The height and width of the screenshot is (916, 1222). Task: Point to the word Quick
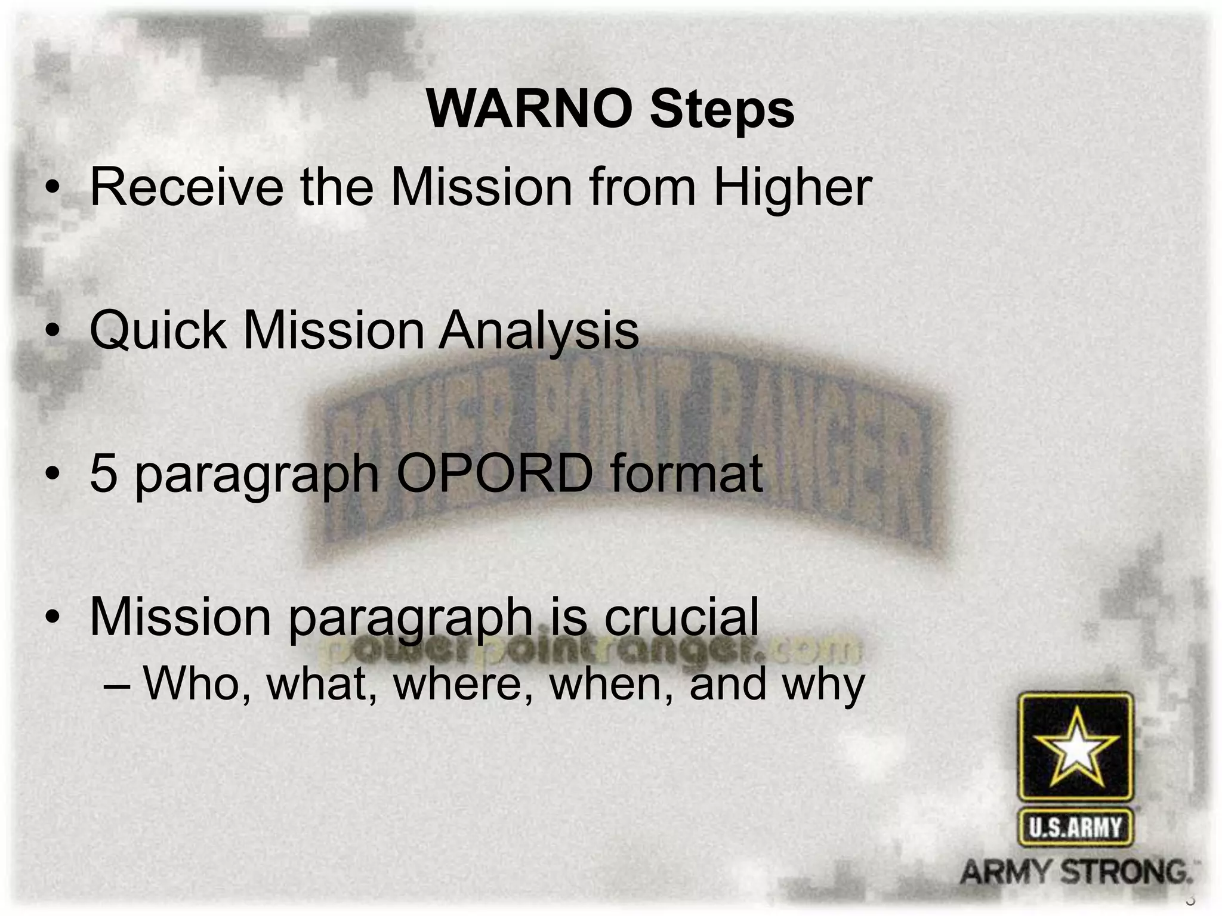[x=158, y=330]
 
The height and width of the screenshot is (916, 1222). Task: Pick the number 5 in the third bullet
[x=103, y=474]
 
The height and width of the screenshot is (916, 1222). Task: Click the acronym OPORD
[x=495, y=474]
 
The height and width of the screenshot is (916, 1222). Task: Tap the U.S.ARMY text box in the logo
[x=1075, y=828]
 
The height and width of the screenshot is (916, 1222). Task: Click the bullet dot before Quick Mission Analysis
[x=54, y=332]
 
